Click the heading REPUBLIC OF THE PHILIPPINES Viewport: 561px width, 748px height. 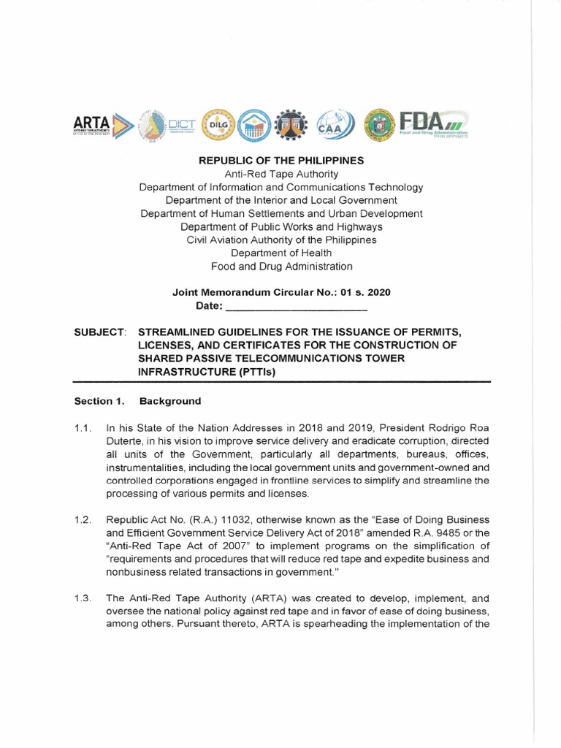[281, 160]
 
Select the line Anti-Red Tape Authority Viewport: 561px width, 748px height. [281, 174]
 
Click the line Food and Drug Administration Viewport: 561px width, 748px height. [281, 267]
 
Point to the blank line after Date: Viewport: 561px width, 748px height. [288, 306]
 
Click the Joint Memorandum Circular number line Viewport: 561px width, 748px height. [281, 292]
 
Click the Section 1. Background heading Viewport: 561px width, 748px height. [138, 401]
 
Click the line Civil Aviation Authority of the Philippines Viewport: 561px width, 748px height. [281, 240]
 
